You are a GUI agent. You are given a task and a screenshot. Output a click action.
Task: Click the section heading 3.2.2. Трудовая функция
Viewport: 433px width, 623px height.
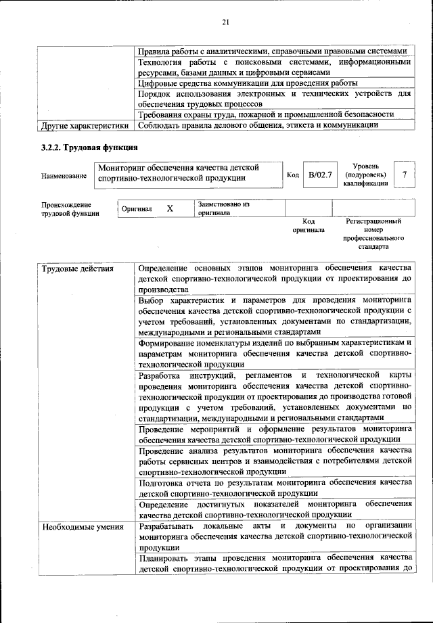[x=90, y=147]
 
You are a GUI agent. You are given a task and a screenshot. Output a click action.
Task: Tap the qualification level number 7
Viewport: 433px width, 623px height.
[x=404, y=175]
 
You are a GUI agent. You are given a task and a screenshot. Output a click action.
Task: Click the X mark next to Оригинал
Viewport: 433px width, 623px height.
[x=170, y=208]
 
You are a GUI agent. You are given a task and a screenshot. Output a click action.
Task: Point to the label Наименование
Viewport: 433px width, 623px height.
[x=64, y=176]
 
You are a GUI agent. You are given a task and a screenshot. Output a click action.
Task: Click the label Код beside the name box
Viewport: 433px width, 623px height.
[x=293, y=175]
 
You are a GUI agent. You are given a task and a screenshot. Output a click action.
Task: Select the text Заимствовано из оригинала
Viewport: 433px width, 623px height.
[x=224, y=208]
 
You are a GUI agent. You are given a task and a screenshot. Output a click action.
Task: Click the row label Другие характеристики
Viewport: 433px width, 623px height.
[x=85, y=124]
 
